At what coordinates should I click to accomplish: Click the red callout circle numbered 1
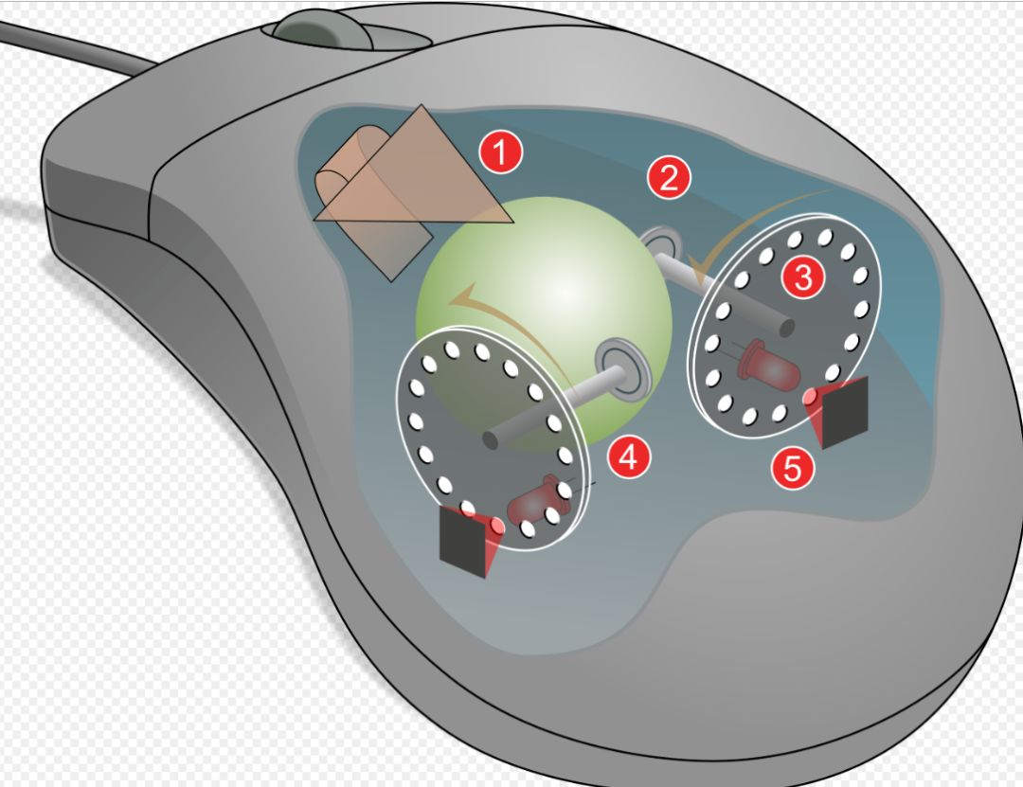[501, 152]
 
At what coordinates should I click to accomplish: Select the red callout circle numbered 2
[669, 177]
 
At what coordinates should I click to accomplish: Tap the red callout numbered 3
[803, 277]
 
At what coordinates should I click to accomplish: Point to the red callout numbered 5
[792, 467]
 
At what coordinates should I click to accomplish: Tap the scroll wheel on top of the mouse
[323, 29]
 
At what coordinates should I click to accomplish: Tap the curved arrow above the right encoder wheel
[750, 225]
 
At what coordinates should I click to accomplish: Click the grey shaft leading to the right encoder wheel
[725, 293]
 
